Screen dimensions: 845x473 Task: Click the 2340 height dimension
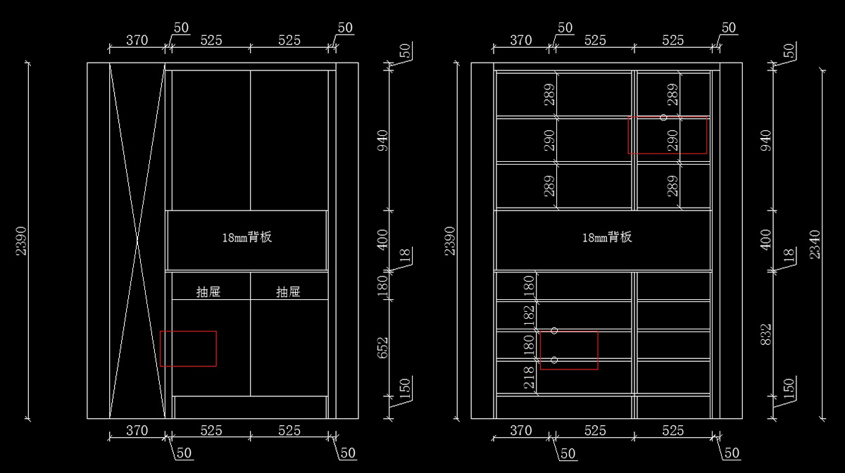pyautogui.click(x=815, y=244)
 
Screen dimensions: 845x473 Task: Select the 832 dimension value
pyautogui.click(x=767, y=337)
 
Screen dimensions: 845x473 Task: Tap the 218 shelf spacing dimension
pyautogui.click(x=529, y=379)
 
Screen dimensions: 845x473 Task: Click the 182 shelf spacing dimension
pyautogui.click(x=529, y=315)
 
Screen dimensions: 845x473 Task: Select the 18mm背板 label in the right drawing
pyautogui.click(x=607, y=237)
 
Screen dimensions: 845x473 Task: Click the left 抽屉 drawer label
pyautogui.click(x=208, y=291)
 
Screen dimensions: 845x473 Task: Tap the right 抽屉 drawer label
pyautogui.click(x=289, y=291)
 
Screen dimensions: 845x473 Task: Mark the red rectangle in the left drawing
pyautogui.click(x=188, y=348)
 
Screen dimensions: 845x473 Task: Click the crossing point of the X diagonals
pyautogui.click(x=137, y=241)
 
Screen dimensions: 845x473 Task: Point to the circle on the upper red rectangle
pyautogui.click(x=663, y=118)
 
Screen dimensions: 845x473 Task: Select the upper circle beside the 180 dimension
pyautogui.click(x=554, y=330)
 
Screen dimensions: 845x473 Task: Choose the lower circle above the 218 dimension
pyautogui.click(x=554, y=360)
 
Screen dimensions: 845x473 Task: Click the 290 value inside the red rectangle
pyautogui.click(x=672, y=140)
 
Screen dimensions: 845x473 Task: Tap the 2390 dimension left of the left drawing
pyautogui.click(x=21, y=241)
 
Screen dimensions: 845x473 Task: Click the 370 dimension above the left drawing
pyautogui.click(x=137, y=40)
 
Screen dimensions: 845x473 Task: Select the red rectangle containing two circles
pyautogui.click(x=569, y=350)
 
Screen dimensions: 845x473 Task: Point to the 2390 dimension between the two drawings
pyautogui.click(x=451, y=241)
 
